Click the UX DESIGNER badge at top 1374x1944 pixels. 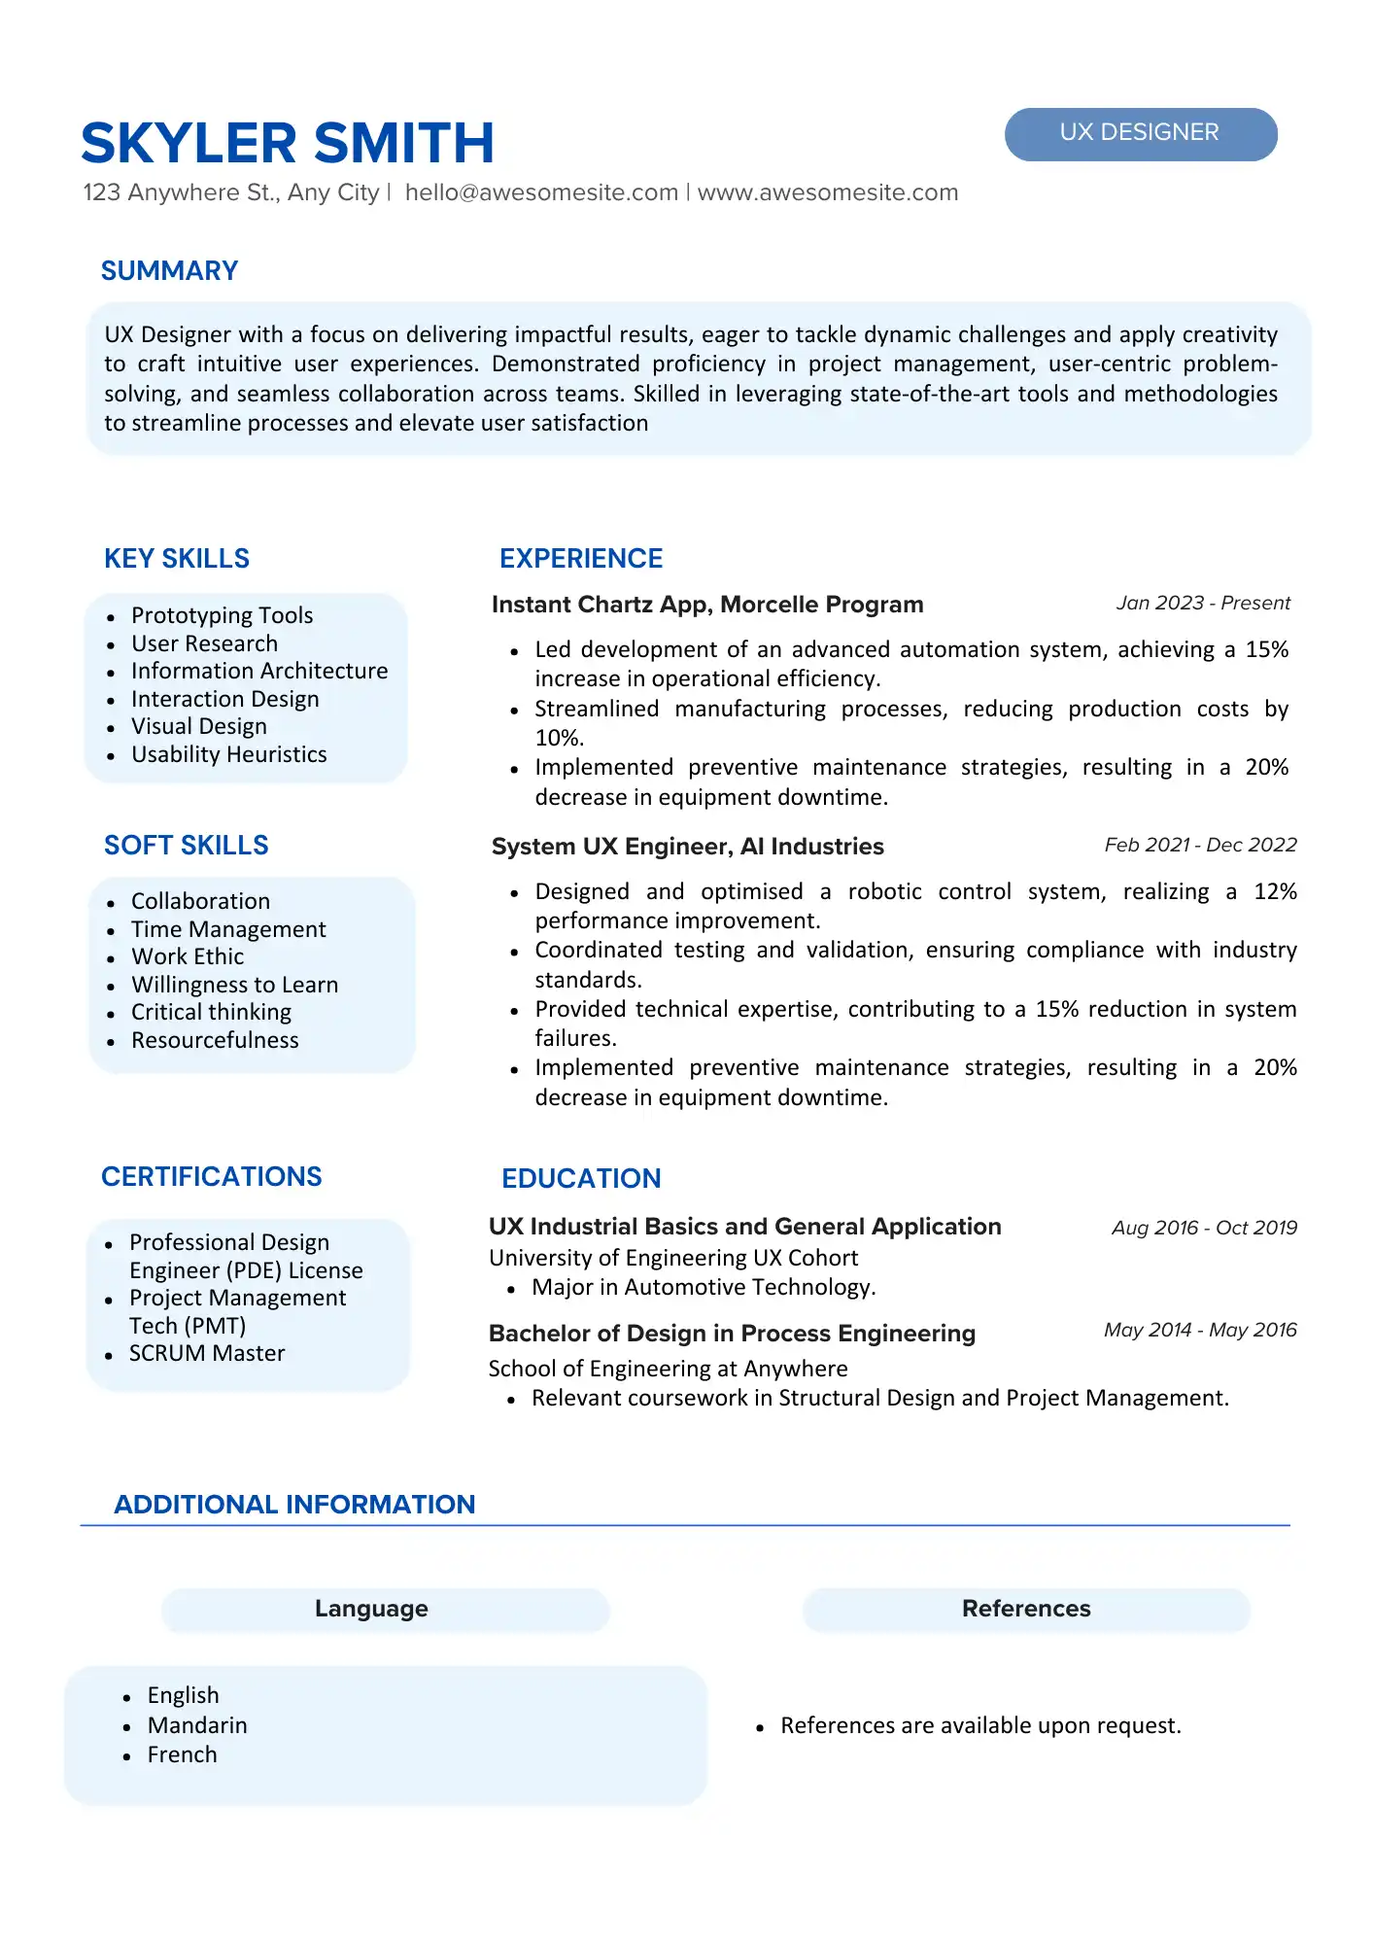click(x=1140, y=133)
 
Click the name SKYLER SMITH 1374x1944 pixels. click(x=288, y=143)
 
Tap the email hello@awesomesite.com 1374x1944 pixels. click(x=541, y=192)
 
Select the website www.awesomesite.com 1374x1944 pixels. click(x=828, y=192)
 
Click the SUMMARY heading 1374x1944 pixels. click(x=169, y=271)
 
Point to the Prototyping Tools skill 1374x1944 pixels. click(x=222, y=615)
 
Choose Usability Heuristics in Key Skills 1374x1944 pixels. click(x=228, y=754)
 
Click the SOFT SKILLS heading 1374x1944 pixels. click(x=186, y=846)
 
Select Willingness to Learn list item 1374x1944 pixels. click(x=234, y=985)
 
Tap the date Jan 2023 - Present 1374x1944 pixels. click(x=1202, y=603)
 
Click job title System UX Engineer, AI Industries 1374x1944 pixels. click(x=687, y=847)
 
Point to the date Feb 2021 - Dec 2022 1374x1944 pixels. click(x=1200, y=845)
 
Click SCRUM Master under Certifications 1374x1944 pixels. click(x=207, y=1353)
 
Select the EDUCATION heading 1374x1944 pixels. click(x=581, y=1178)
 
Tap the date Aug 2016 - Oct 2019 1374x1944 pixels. click(x=1204, y=1228)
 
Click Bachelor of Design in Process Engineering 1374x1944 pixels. click(x=732, y=1334)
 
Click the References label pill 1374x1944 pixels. click(x=1026, y=1609)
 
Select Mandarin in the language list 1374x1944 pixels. click(x=197, y=1725)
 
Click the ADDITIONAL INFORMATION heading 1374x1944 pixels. click(x=294, y=1505)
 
